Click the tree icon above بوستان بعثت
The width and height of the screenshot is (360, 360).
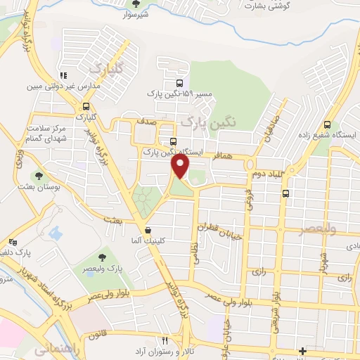[x=38, y=176]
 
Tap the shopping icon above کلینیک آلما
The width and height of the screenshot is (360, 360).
[x=148, y=230]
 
